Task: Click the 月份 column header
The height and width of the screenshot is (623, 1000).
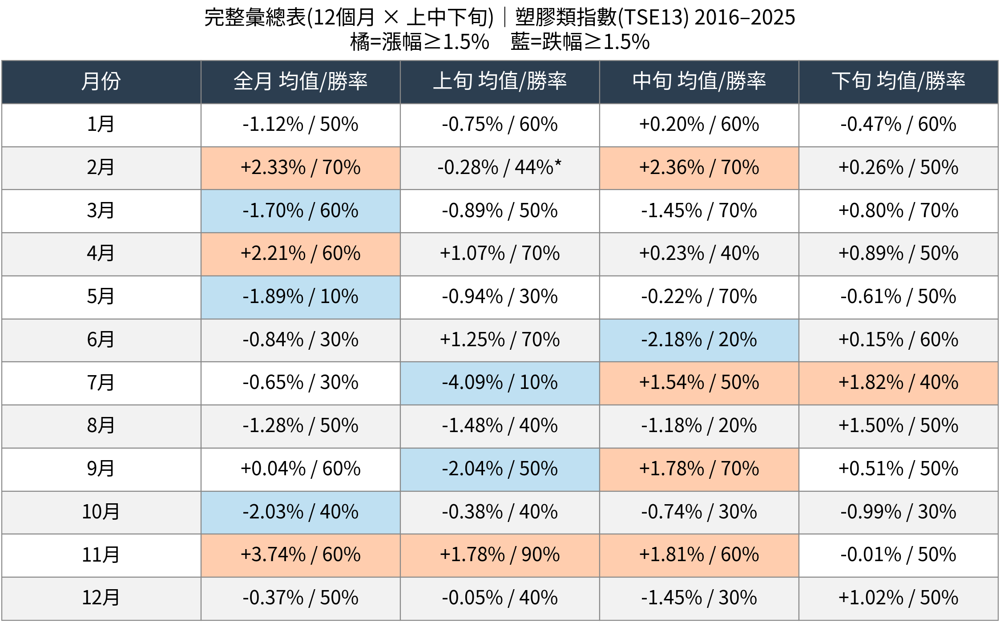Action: (101, 82)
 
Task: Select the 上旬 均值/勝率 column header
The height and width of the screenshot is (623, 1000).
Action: (500, 82)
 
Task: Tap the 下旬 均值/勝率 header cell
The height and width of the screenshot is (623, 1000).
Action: (899, 82)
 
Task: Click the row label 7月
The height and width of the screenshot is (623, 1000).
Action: (101, 383)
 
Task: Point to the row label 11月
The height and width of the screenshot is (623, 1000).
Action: (101, 555)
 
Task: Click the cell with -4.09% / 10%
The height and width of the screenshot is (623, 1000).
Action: (500, 383)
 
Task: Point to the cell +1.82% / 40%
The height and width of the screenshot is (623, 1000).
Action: (899, 383)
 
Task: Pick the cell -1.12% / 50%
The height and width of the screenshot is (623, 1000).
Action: (301, 125)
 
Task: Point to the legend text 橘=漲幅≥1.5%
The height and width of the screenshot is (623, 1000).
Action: (419, 42)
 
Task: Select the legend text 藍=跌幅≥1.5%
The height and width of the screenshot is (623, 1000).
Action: (580, 42)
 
